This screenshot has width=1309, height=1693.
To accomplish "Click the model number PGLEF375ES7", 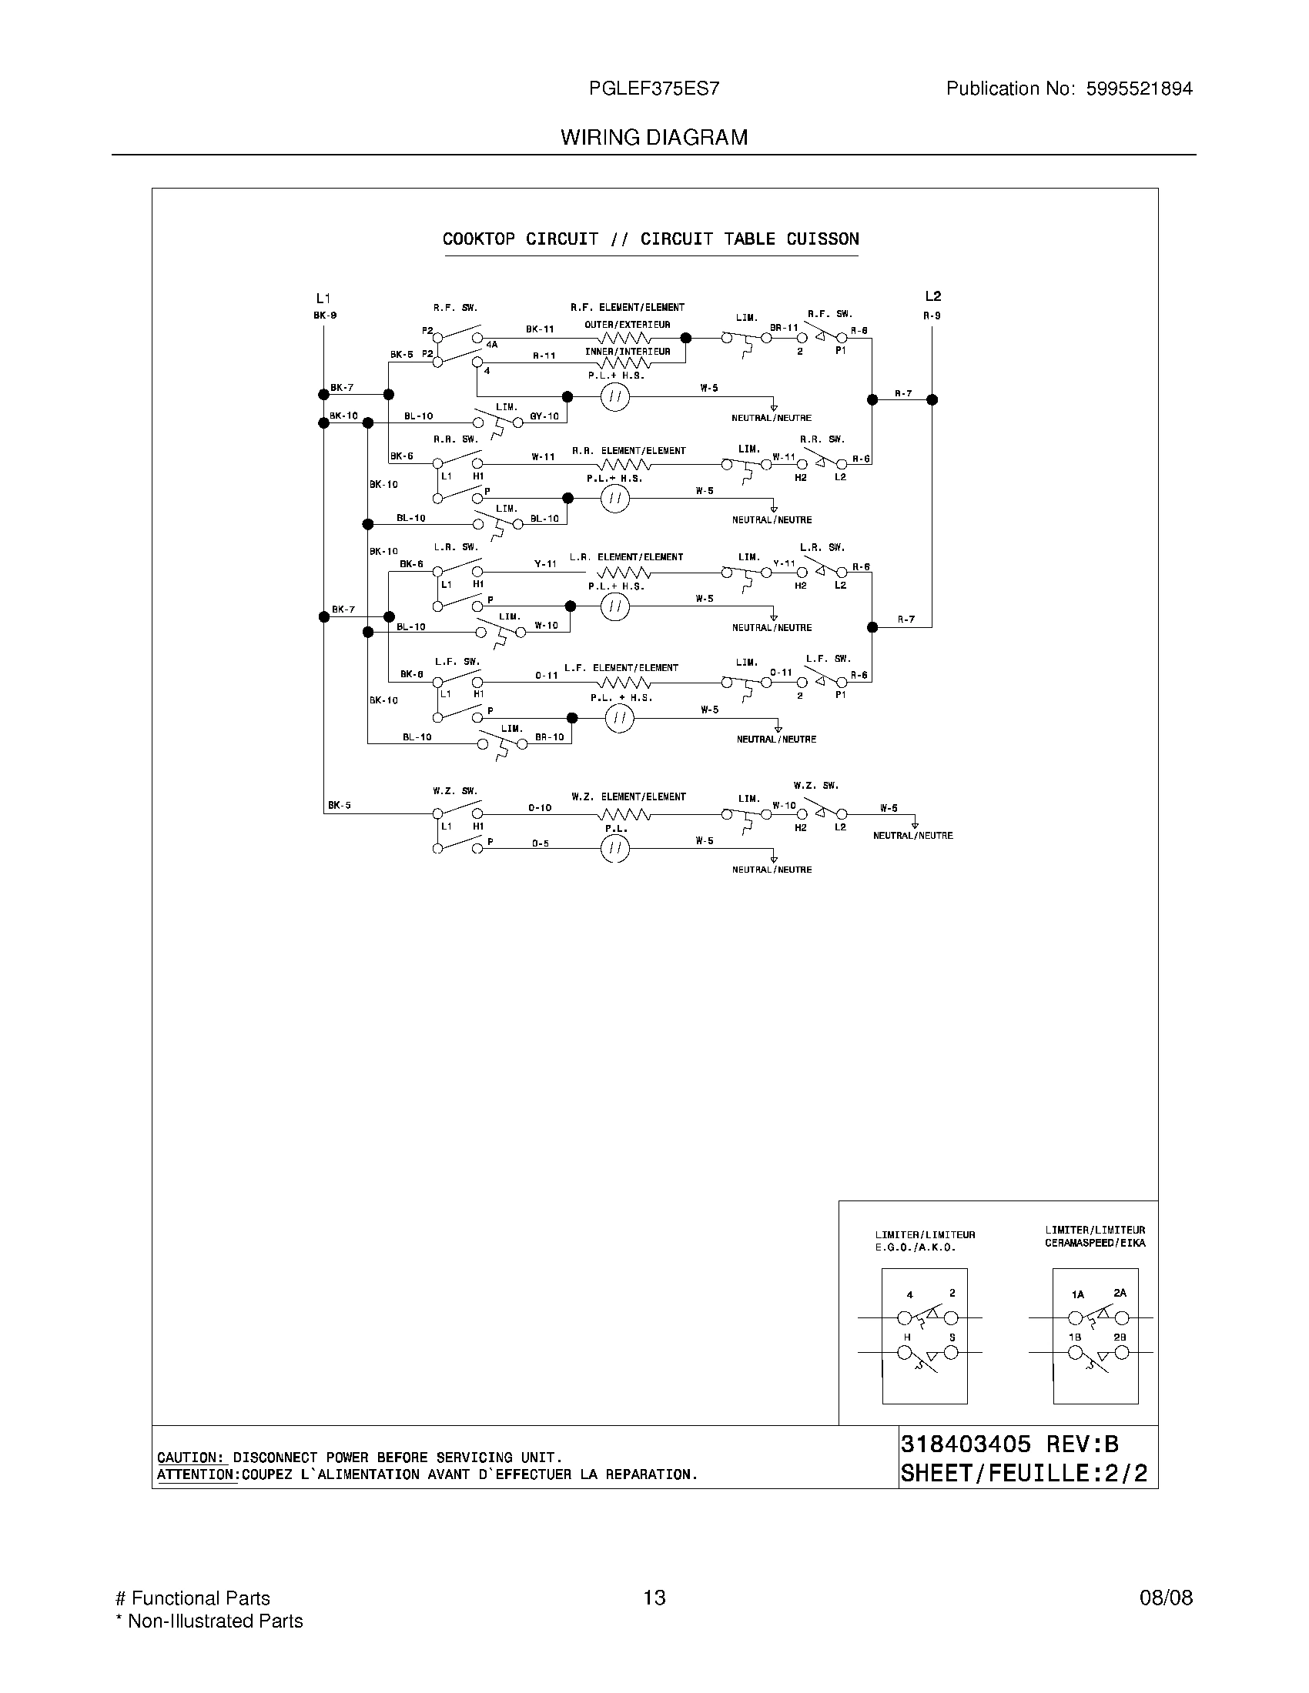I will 654,88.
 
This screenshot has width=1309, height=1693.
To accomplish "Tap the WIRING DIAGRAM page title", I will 654,137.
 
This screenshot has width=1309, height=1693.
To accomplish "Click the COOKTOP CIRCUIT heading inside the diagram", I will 521,239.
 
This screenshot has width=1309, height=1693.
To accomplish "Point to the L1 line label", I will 323,299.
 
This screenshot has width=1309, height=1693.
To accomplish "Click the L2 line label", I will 932,296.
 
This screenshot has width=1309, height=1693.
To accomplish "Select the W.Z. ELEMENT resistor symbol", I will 624,814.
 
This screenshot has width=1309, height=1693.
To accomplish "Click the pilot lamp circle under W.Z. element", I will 615,849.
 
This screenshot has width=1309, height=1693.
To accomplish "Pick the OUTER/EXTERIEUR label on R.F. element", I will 628,325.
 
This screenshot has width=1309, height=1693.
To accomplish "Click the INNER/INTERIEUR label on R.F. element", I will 628,352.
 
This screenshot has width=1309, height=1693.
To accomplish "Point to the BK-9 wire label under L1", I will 325,316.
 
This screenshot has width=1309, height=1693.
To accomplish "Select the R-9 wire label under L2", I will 932,316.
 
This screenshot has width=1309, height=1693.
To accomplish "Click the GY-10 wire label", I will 544,416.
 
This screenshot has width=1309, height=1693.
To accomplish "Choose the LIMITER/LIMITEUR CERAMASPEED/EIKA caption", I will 1094,1237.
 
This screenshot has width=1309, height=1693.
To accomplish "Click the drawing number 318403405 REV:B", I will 1009,1444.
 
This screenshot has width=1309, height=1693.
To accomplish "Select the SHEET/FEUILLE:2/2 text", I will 1023,1473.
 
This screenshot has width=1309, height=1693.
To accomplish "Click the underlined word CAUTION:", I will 191,1458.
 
